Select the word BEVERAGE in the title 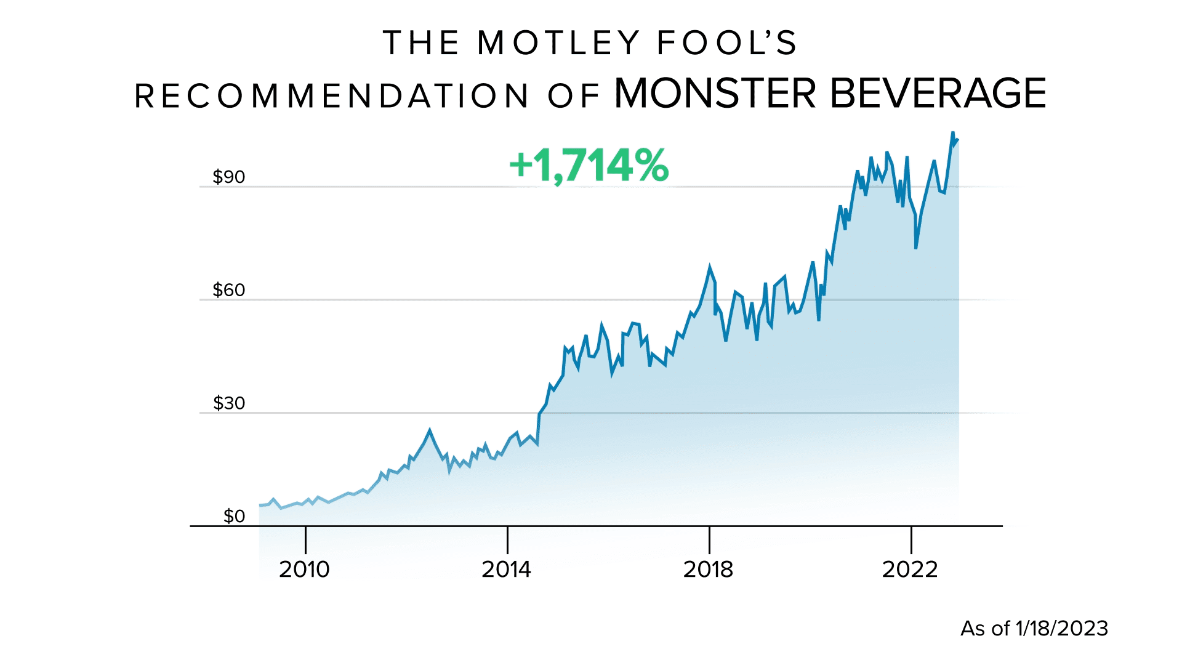click(x=938, y=94)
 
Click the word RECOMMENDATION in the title click(x=331, y=97)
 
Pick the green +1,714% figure click(x=589, y=166)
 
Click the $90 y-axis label click(x=228, y=177)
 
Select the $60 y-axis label click(x=228, y=290)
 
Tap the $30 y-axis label click(x=228, y=403)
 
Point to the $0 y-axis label click(x=234, y=516)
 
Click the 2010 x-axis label click(x=304, y=570)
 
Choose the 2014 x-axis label click(x=506, y=570)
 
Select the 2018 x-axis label click(x=708, y=570)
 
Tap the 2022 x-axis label click(x=910, y=570)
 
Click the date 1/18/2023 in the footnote click(x=1061, y=629)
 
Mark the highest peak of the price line click(x=952, y=132)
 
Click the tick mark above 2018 click(x=709, y=540)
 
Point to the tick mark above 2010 click(x=305, y=540)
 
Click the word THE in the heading click(x=421, y=43)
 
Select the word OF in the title click(x=573, y=97)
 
